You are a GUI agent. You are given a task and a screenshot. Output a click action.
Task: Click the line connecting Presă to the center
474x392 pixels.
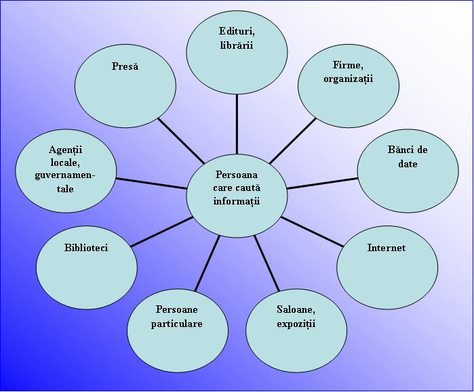tap(181, 141)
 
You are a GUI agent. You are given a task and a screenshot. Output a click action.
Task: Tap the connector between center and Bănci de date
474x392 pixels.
tap(322, 183)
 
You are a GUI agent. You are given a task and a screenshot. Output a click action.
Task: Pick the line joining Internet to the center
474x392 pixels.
tap(311, 232)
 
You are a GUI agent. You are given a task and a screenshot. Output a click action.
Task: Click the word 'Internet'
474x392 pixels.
tap(386, 248)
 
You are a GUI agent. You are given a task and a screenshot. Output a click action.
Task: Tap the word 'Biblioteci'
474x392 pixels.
tap(86, 248)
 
